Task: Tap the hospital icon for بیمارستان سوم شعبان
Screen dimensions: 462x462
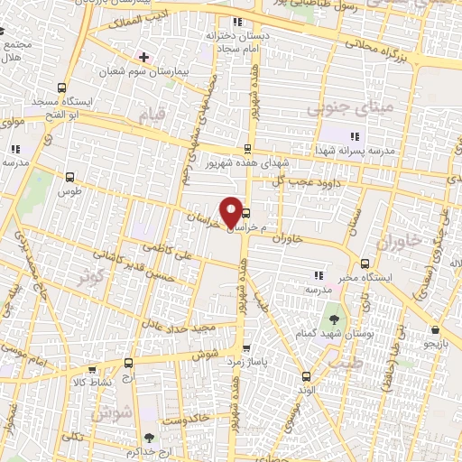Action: (x=143, y=56)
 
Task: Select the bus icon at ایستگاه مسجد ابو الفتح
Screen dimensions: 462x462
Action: (x=61, y=88)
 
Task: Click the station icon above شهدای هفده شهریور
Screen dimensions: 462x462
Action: (x=247, y=149)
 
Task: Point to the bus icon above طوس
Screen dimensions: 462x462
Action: (x=69, y=177)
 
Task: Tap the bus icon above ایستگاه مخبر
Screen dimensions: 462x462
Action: (x=365, y=263)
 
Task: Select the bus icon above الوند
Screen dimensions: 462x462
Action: (x=305, y=376)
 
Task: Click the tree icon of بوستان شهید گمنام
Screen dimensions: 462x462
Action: (x=335, y=319)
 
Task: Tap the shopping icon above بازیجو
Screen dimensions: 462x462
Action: (x=435, y=330)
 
